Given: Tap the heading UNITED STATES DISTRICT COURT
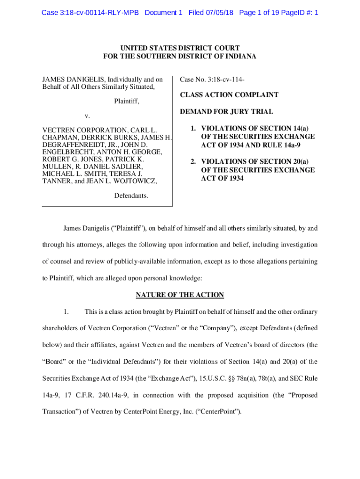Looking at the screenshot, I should click(180, 48).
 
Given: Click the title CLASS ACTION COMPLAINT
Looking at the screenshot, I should click(229, 95).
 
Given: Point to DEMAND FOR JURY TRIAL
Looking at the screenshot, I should click(227, 112).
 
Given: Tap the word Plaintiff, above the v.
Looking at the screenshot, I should click(127, 102).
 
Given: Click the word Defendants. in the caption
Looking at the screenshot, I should click(131, 196).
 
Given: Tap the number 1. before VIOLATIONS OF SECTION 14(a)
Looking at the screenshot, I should click(193, 128).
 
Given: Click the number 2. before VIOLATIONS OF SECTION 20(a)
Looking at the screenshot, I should click(193, 162).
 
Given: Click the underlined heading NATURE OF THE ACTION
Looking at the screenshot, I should click(180, 295).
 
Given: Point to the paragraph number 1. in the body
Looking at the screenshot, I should click(66, 312).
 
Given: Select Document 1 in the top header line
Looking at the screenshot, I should click(163, 13).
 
